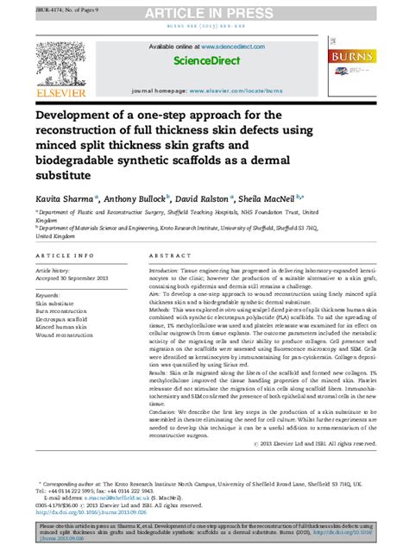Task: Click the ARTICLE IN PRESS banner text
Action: tap(204, 11)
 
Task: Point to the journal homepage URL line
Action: tap(204, 90)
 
